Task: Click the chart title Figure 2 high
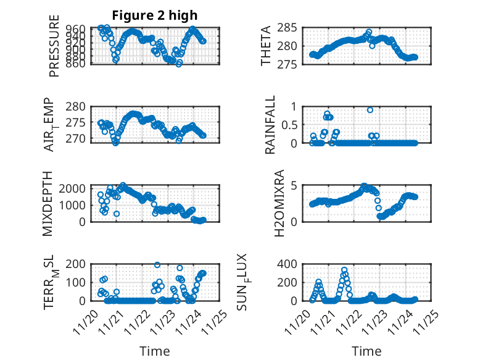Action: click(154, 15)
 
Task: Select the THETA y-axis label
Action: click(267, 46)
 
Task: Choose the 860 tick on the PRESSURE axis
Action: click(78, 63)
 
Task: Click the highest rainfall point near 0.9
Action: click(370, 110)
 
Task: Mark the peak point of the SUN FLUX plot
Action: click(344, 269)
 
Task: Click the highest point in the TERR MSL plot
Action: click(157, 265)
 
